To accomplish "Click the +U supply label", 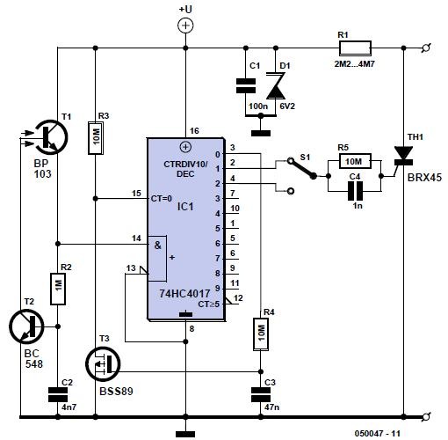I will [x=185, y=8].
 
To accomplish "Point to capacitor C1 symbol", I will [x=247, y=85].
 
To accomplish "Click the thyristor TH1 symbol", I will [x=405, y=156].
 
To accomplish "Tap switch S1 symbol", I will [x=294, y=171].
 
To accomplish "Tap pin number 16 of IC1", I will [x=196, y=130].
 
